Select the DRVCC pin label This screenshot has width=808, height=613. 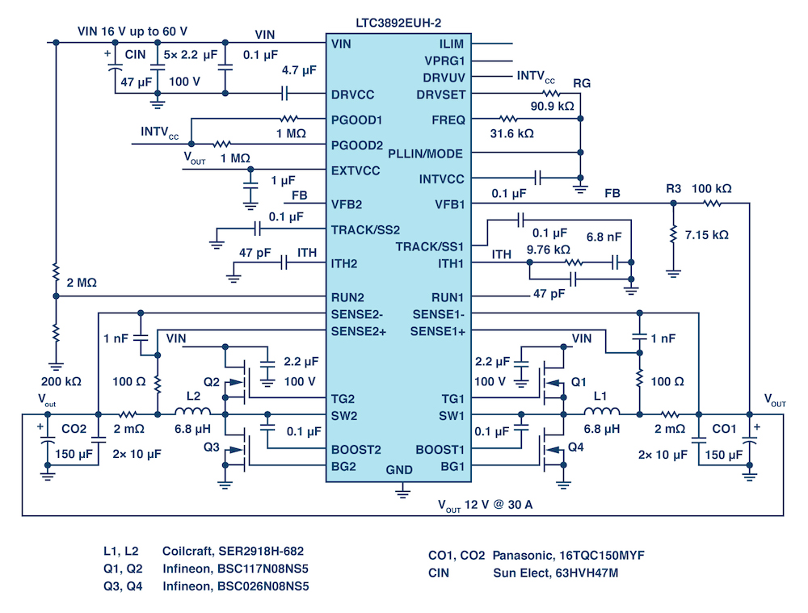352,94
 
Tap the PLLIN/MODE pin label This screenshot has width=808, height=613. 426,153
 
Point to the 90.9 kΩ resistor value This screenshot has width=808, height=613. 553,107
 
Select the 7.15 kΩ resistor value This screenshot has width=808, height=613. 706,235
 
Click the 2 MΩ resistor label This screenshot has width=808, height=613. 83,283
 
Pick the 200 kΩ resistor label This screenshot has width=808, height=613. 58,379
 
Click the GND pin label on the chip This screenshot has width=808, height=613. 399,469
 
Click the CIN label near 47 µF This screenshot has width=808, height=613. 135,55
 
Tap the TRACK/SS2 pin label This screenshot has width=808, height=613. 365,229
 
